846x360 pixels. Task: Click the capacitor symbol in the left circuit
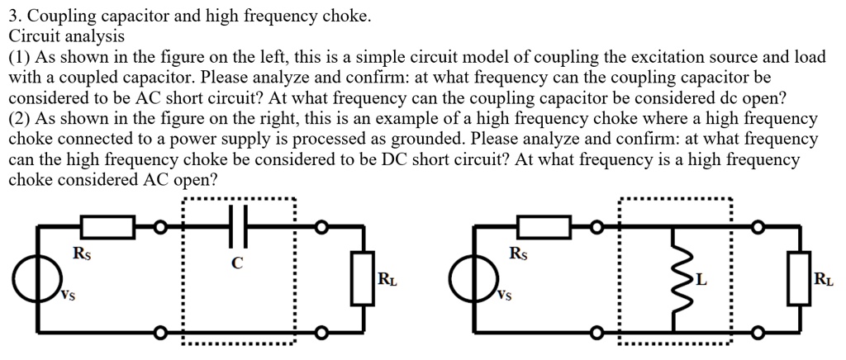[x=238, y=225]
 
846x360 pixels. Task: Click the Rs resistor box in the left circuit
[x=107, y=225]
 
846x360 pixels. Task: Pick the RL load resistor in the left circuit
[x=360, y=278]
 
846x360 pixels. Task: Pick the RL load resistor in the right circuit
[x=797, y=278]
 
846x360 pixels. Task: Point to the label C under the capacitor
[x=238, y=263]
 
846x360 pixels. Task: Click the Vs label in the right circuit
[x=503, y=295]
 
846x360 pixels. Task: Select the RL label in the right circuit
[x=824, y=279]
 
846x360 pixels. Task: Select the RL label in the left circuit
[x=386, y=279]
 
